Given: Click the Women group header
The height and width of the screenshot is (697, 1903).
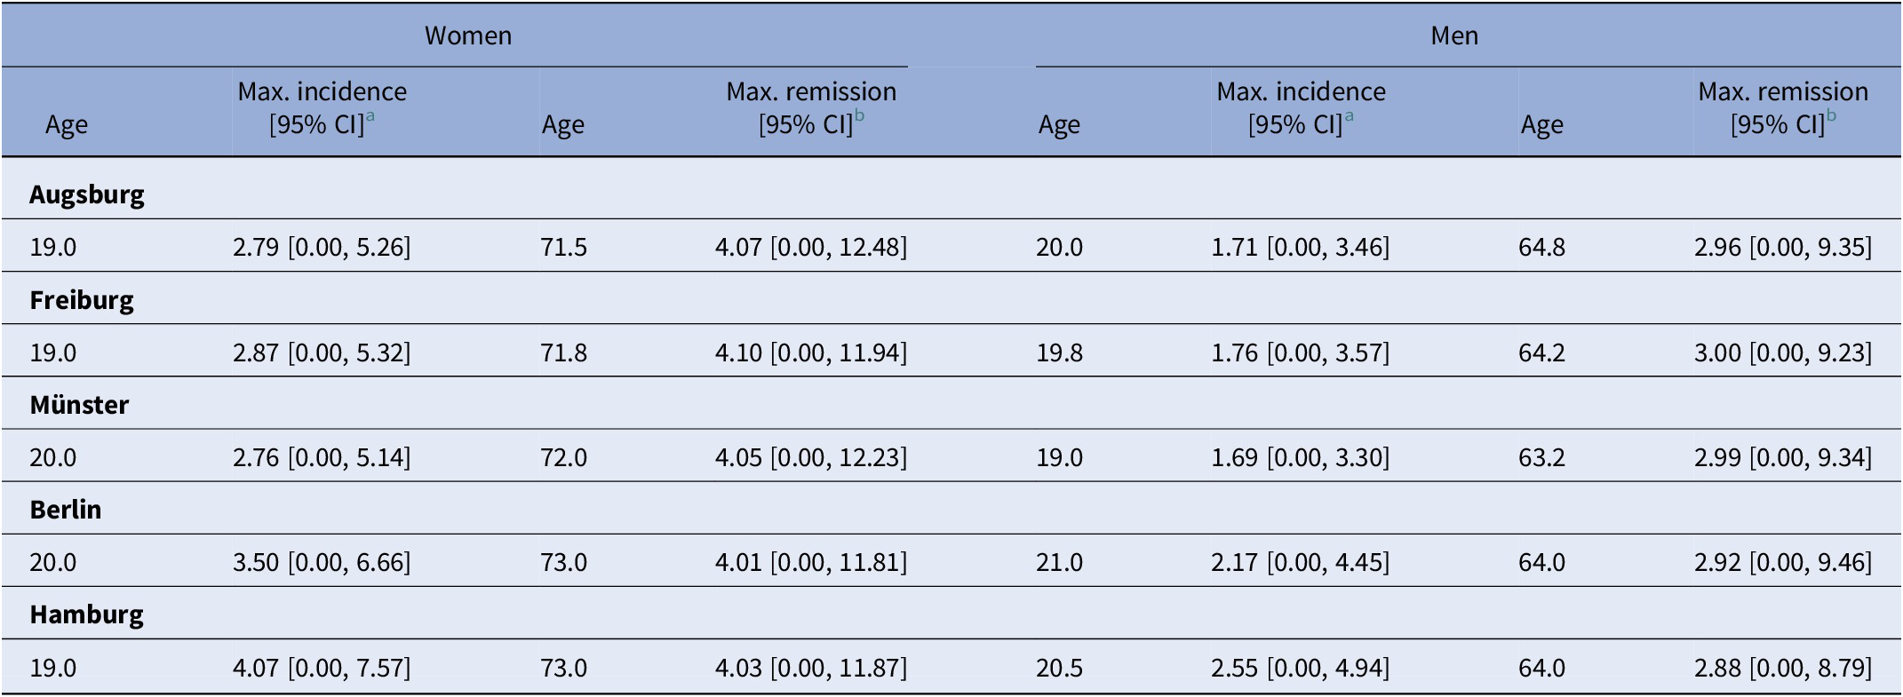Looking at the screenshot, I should [467, 36].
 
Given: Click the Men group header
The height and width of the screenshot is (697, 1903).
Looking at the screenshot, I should [1454, 36].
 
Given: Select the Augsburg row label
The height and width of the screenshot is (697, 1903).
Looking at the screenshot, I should [86, 194].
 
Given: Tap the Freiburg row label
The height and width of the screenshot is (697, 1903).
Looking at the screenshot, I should [82, 300].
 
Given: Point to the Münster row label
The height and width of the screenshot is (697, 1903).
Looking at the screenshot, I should [79, 405].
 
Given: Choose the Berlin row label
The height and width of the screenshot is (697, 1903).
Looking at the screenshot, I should [66, 510].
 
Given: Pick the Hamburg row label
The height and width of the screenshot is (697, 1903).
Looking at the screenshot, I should [86, 614].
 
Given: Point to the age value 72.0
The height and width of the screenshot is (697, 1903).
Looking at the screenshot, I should [563, 458].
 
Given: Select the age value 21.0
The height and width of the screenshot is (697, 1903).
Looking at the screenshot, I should [1059, 563].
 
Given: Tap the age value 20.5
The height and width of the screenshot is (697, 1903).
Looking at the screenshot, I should [1059, 668].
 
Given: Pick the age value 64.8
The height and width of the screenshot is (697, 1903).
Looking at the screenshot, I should [1541, 247].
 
